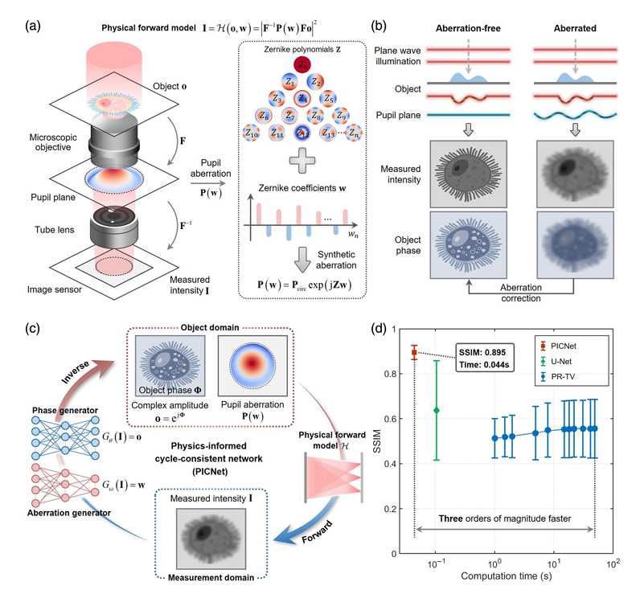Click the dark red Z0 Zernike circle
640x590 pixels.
[302, 64]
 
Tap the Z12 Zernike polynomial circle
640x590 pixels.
[302, 133]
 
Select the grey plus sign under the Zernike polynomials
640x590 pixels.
[302, 160]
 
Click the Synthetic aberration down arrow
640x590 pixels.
[302, 260]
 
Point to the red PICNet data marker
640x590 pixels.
[414, 352]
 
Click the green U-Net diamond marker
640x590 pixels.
[437, 410]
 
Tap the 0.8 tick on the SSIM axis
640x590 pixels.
[391, 374]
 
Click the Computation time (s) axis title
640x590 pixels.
[506, 576]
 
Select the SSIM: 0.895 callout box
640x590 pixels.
[485, 358]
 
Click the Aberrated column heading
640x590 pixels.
[575, 29]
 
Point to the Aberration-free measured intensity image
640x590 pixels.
[468, 174]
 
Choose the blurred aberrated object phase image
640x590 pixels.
[575, 245]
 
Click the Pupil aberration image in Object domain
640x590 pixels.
[252, 366]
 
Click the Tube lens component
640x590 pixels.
[114, 227]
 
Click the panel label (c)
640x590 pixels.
[33, 329]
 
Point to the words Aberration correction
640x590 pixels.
[521, 293]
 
